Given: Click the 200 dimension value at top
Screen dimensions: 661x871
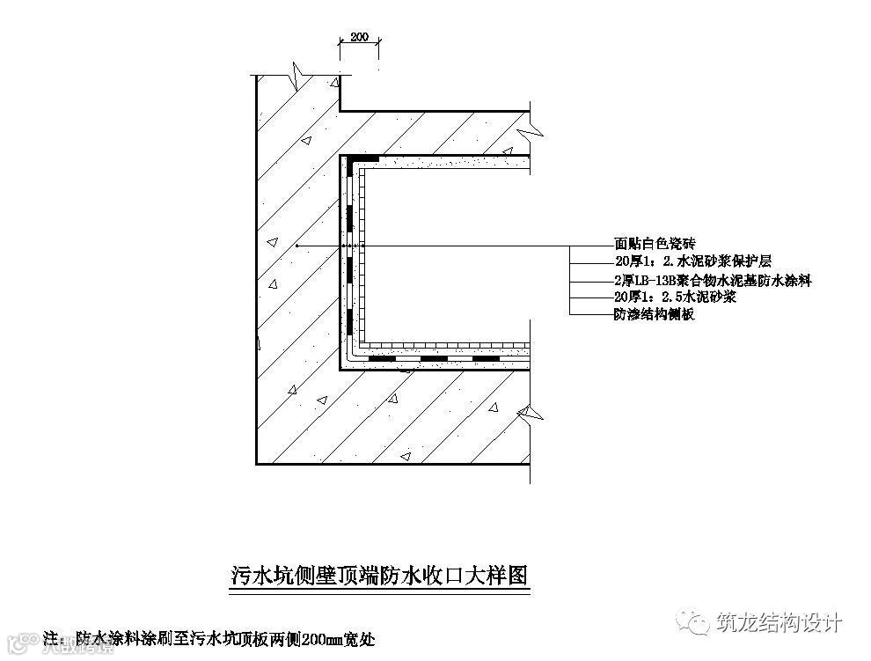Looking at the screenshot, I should click(x=359, y=37).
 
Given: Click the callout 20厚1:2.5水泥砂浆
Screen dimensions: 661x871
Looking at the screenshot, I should click(x=675, y=297).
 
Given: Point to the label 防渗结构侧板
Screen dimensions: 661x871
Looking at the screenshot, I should click(x=654, y=314).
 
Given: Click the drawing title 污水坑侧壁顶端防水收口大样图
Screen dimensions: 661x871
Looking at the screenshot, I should click(x=377, y=577).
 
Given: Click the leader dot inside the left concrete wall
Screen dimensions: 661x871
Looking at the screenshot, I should click(x=297, y=245).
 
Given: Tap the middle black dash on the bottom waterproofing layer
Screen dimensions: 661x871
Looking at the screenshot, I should click(x=435, y=359).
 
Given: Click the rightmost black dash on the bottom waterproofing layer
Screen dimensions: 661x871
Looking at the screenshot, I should click(x=487, y=359).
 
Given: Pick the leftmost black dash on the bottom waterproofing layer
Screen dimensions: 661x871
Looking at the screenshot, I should click(x=382, y=359).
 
